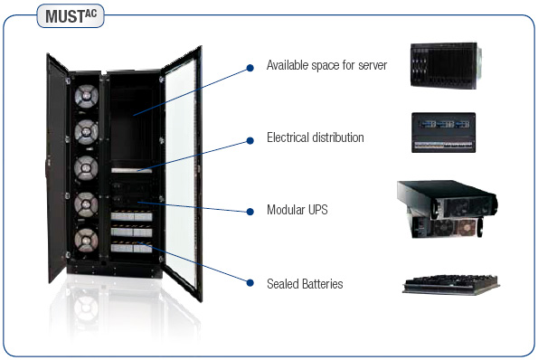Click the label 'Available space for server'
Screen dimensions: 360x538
tap(326, 66)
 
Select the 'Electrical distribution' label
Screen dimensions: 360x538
tap(315, 138)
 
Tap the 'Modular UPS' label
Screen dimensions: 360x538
tap(297, 210)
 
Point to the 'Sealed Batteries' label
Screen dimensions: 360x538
tap(304, 284)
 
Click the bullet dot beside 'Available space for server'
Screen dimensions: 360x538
tap(250, 67)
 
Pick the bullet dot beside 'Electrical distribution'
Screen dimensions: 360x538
tap(250, 139)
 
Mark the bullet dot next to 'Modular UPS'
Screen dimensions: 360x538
tap(250, 211)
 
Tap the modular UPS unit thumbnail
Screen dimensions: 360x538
tap(448, 209)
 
